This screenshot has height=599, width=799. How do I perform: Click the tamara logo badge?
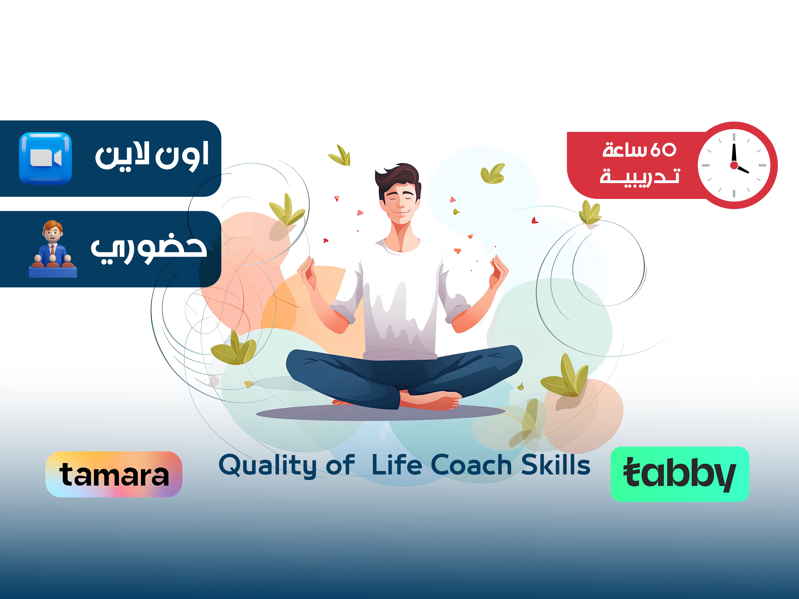[x=114, y=474]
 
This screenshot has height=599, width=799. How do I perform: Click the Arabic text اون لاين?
[x=152, y=155]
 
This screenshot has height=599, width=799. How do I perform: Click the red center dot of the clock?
[x=734, y=165]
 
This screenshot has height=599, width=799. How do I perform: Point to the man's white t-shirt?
[x=401, y=300]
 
